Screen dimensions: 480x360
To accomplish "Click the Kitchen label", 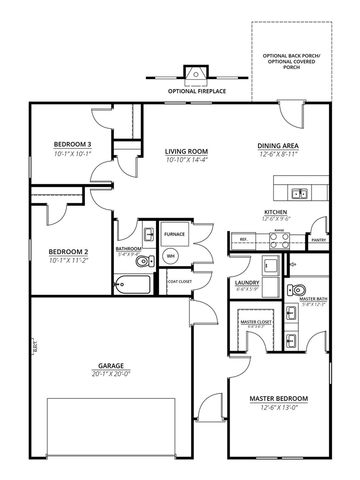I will point(276,213).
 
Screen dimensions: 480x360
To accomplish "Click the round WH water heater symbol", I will point(170,257).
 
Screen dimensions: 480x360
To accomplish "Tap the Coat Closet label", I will point(180,281).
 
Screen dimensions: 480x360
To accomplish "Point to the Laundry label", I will point(247,283).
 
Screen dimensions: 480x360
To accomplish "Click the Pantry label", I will point(319,241).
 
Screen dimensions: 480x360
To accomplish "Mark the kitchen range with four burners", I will point(280,238).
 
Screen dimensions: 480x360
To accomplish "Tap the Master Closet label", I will point(254,321).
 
